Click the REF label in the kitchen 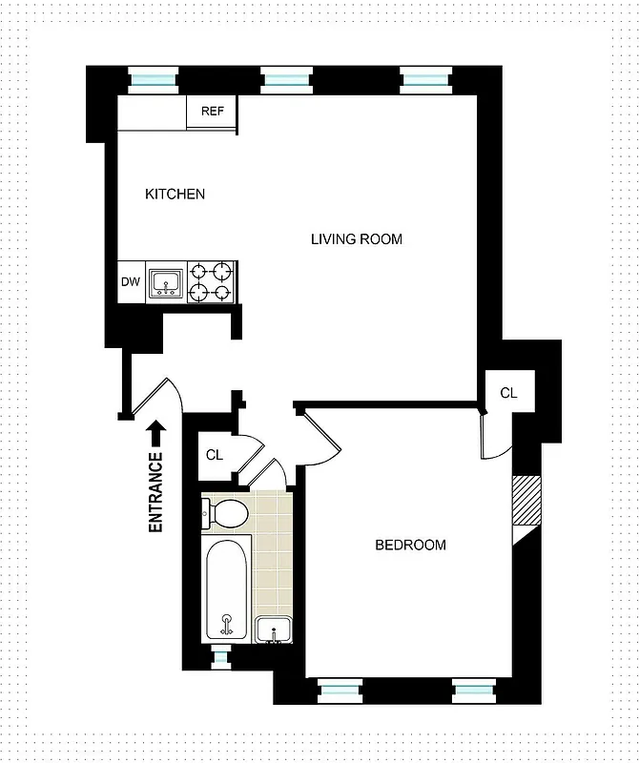pyautogui.click(x=212, y=111)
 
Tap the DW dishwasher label pyautogui.click(x=130, y=282)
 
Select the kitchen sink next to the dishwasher pyautogui.click(x=166, y=283)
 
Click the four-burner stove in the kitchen pyautogui.click(x=211, y=282)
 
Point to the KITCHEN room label pyautogui.click(x=175, y=195)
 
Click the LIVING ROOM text pyautogui.click(x=357, y=239)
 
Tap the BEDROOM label pyautogui.click(x=410, y=546)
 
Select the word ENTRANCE pyautogui.click(x=155, y=491)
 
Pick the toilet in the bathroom pyautogui.click(x=226, y=515)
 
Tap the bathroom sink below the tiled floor pyautogui.click(x=274, y=629)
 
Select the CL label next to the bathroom pyautogui.click(x=215, y=455)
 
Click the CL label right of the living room pyautogui.click(x=509, y=393)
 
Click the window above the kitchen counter pyautogui.click(x=153, y=80)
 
